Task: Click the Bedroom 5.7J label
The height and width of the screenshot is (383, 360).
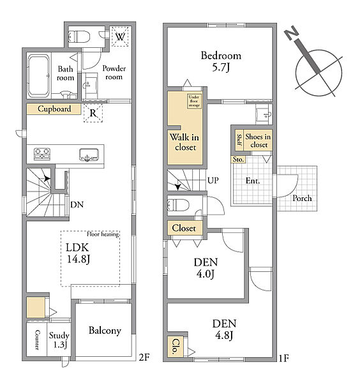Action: tap(221, 61)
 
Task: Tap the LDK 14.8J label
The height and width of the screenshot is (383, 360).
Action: tap(78, 253)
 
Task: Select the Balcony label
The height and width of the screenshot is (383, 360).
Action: tap(105, 331)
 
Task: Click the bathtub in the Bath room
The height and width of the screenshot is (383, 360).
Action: tap(38, 76)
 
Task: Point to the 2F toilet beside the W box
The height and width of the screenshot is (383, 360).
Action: tap(79, 37)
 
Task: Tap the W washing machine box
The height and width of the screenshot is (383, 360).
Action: tap(120, 36)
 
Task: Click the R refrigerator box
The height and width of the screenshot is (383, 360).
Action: tap(93, 113)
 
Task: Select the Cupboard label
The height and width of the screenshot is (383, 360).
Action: tap(54, 109)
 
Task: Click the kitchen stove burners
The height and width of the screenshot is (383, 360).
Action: tap(42, 154)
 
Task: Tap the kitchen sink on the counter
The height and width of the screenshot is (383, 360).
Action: tap(89, 155)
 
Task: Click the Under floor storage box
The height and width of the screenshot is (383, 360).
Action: tap(194, 101)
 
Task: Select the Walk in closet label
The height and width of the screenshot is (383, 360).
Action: tap(185, 142)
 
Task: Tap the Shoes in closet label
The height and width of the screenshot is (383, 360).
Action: tap(258, 140)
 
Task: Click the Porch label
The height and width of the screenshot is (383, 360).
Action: tap(302, 198)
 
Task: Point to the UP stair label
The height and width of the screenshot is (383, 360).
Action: tap(213, 181)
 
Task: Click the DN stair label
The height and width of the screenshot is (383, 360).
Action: tap(77, 204)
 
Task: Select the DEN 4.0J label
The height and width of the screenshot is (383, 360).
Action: tap(206, 268)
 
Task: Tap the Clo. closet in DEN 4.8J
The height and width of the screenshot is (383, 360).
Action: tap(176, 347)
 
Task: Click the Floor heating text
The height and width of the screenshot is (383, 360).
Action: tap(103, 234)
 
